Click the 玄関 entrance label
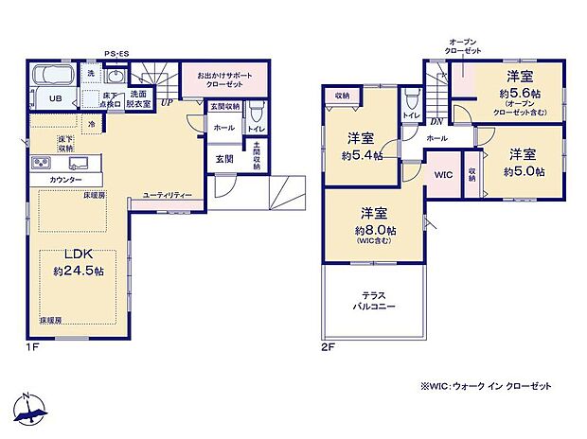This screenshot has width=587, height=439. point(223,159)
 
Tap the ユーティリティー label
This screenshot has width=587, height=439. point(168,194)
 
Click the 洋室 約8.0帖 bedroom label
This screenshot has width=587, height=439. point(376,223)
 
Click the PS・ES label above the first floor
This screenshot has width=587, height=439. point(116,55)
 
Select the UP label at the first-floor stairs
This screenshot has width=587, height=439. point(166,102)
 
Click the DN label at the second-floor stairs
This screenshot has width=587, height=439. point(437,120)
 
